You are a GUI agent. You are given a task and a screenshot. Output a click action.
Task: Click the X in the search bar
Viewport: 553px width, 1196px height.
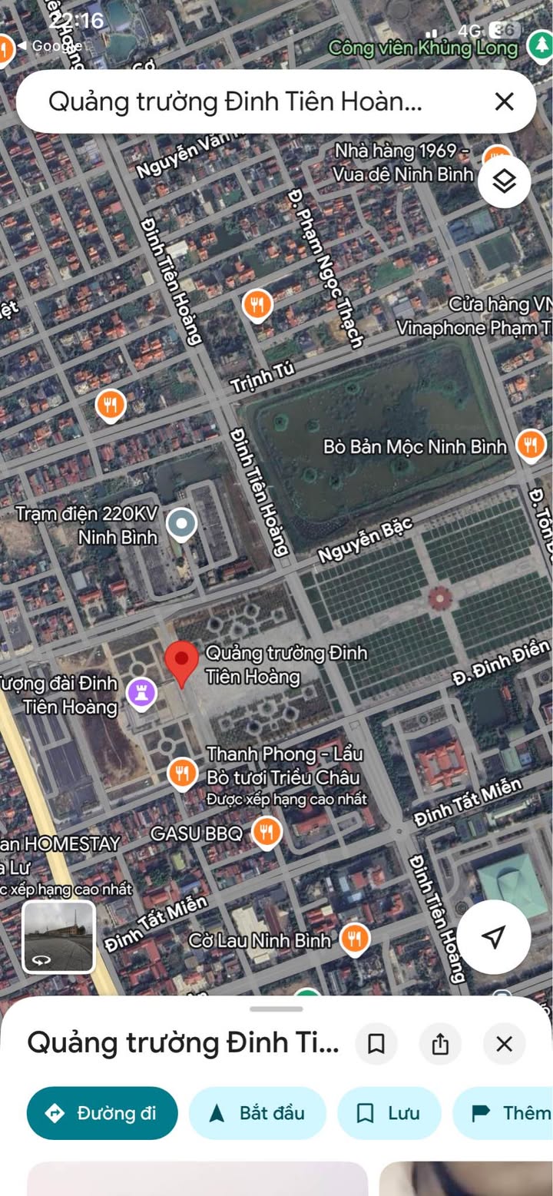point(504,101)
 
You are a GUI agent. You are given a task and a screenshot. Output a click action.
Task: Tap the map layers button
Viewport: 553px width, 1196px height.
point(504,182)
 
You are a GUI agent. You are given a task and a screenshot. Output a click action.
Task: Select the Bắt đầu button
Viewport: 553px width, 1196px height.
point(257,1112)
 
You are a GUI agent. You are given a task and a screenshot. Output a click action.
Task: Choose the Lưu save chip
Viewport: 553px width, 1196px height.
point(389,1112)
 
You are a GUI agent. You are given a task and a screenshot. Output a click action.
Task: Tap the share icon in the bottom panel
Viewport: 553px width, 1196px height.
point(440,1044)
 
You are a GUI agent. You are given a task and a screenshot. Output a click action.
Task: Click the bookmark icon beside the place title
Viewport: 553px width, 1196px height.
point(376,1044)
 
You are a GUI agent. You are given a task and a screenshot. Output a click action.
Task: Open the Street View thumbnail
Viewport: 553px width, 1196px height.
point(58,937)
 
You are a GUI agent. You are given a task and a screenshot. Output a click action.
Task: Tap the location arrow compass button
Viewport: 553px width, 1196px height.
point(493,936)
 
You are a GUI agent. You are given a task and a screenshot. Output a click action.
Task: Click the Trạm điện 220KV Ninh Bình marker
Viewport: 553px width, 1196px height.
point(181,525)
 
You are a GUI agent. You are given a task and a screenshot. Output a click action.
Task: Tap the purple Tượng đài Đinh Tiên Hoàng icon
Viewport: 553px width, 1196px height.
point(141,694)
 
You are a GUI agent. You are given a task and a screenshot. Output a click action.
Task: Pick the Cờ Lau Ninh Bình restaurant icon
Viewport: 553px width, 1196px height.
point(354,939)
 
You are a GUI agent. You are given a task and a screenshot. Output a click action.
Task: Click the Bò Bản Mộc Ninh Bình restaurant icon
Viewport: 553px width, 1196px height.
point(530,445)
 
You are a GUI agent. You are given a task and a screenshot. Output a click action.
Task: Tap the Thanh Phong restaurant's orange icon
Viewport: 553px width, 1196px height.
point(182,773)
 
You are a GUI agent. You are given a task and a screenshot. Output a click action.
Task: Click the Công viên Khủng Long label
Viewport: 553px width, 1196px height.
point(423,48)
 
